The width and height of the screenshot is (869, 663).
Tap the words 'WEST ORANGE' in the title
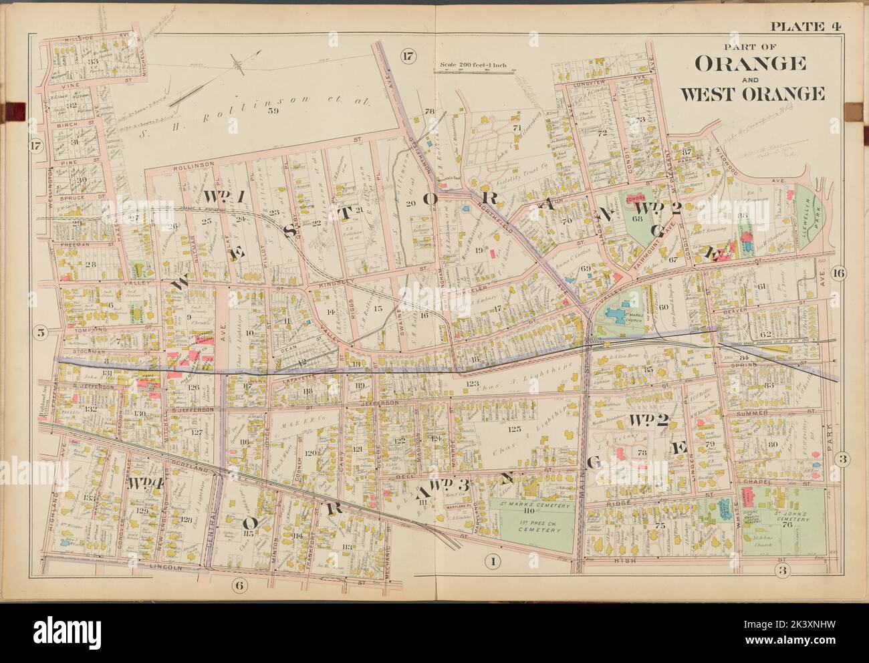(751, 93)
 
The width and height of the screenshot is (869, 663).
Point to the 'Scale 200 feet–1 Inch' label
(473, 65)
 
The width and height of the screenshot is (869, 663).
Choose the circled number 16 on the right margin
(840, 272)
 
